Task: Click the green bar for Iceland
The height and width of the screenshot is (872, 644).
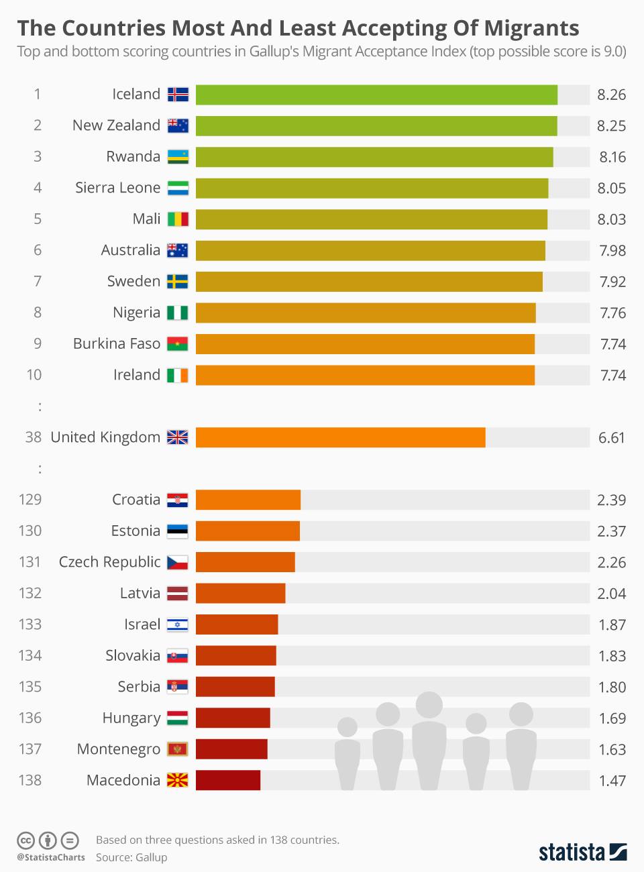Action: coord(376,95)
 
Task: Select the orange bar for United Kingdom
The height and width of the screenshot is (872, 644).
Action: coord(340,437)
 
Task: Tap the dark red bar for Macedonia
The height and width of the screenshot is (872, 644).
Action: coord(228,780)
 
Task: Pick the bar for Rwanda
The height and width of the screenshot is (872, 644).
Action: coord(374,157)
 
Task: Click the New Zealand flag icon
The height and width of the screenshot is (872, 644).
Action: coord(178,125)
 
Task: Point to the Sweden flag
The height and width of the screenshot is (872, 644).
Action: coord(178,281)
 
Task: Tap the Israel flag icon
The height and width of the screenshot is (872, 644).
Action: coord(178,624)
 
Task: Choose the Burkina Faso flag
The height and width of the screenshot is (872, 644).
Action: coord(178,344)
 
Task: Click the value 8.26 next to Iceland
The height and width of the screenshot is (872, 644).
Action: coord(611,95)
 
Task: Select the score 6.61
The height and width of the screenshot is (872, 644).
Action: coord(611,438)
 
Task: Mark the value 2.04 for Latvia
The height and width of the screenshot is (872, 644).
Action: coord(611,594)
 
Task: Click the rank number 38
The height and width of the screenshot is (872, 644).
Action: coord(34,437)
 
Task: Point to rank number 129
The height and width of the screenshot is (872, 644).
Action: coord(30,500)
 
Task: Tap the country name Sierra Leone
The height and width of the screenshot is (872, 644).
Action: coord(117,188)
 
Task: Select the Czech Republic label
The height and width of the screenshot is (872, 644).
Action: coord(109,562)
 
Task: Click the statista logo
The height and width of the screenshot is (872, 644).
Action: coord(582,852)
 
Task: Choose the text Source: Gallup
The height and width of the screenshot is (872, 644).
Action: coord(131,857)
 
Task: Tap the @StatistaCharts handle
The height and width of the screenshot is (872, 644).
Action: coord(51,857)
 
